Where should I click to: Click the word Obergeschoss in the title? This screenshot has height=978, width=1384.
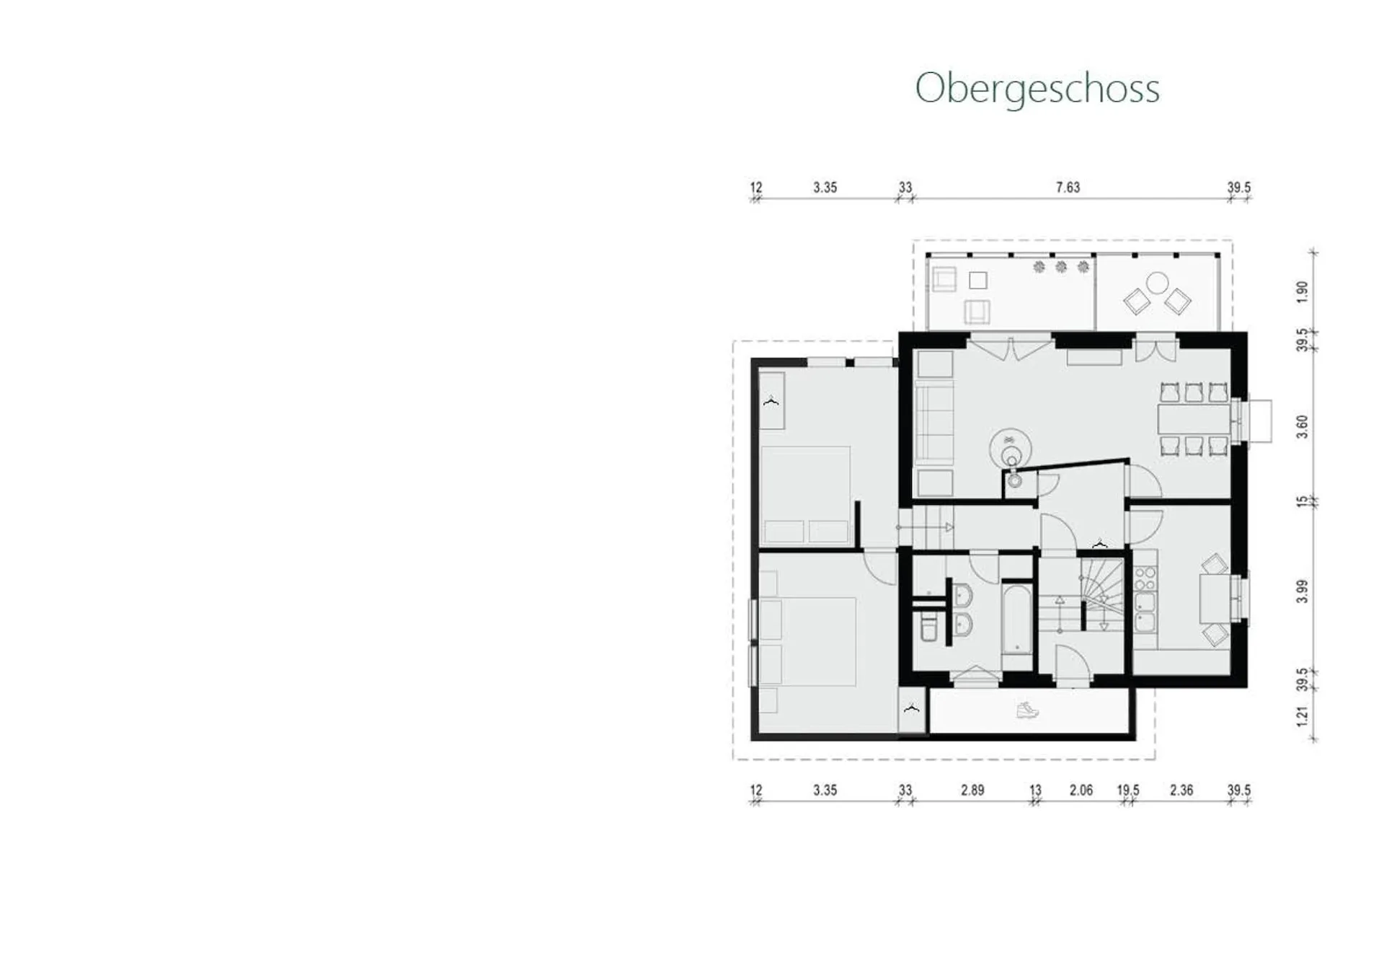point(1037,89)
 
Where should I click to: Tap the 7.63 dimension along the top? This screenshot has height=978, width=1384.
point(1068,188)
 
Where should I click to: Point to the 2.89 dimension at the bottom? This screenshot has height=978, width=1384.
point(972,790)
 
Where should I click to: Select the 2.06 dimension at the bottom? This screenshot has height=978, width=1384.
point(1081,790)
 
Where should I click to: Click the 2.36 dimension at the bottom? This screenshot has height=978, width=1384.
point(1181,790)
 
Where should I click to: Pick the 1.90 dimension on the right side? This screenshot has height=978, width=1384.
point(1302,291)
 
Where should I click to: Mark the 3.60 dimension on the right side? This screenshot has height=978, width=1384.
point(1302,426)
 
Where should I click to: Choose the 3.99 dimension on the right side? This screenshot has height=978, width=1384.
point(1302,591)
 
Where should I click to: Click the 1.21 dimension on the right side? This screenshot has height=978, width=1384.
point(1302,716)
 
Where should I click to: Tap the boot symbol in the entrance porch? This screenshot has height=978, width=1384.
point(1027,710)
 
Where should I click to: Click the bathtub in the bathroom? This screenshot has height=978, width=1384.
point(1016,620)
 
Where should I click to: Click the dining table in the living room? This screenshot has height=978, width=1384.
point(1194,420)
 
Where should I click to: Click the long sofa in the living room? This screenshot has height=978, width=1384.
point(934,422)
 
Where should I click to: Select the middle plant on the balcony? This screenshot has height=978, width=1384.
point(1061,267)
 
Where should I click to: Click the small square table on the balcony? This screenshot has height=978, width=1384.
point(978,280)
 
